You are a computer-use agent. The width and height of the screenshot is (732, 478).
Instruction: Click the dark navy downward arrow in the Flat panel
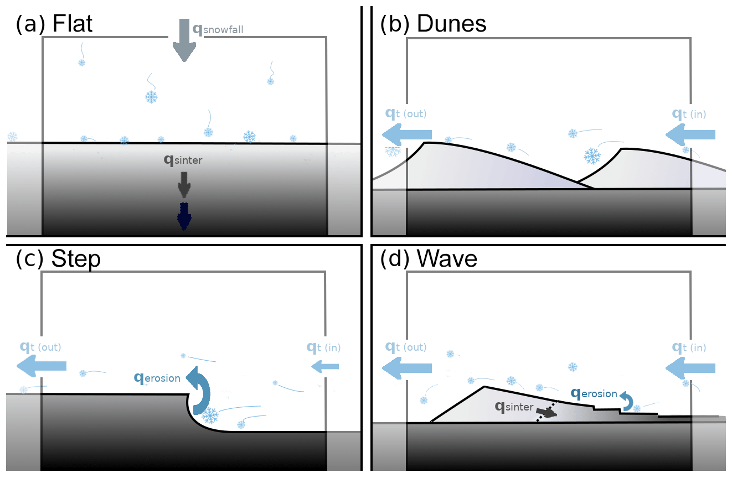pos(184,216)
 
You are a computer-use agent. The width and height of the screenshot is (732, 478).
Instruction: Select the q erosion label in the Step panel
pos(157,378)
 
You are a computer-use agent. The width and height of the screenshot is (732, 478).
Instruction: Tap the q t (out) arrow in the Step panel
pos(42,366)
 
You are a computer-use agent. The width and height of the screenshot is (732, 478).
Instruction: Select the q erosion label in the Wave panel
pos(594,393)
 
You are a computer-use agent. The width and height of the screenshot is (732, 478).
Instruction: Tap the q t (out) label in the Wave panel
pos(406,347)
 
